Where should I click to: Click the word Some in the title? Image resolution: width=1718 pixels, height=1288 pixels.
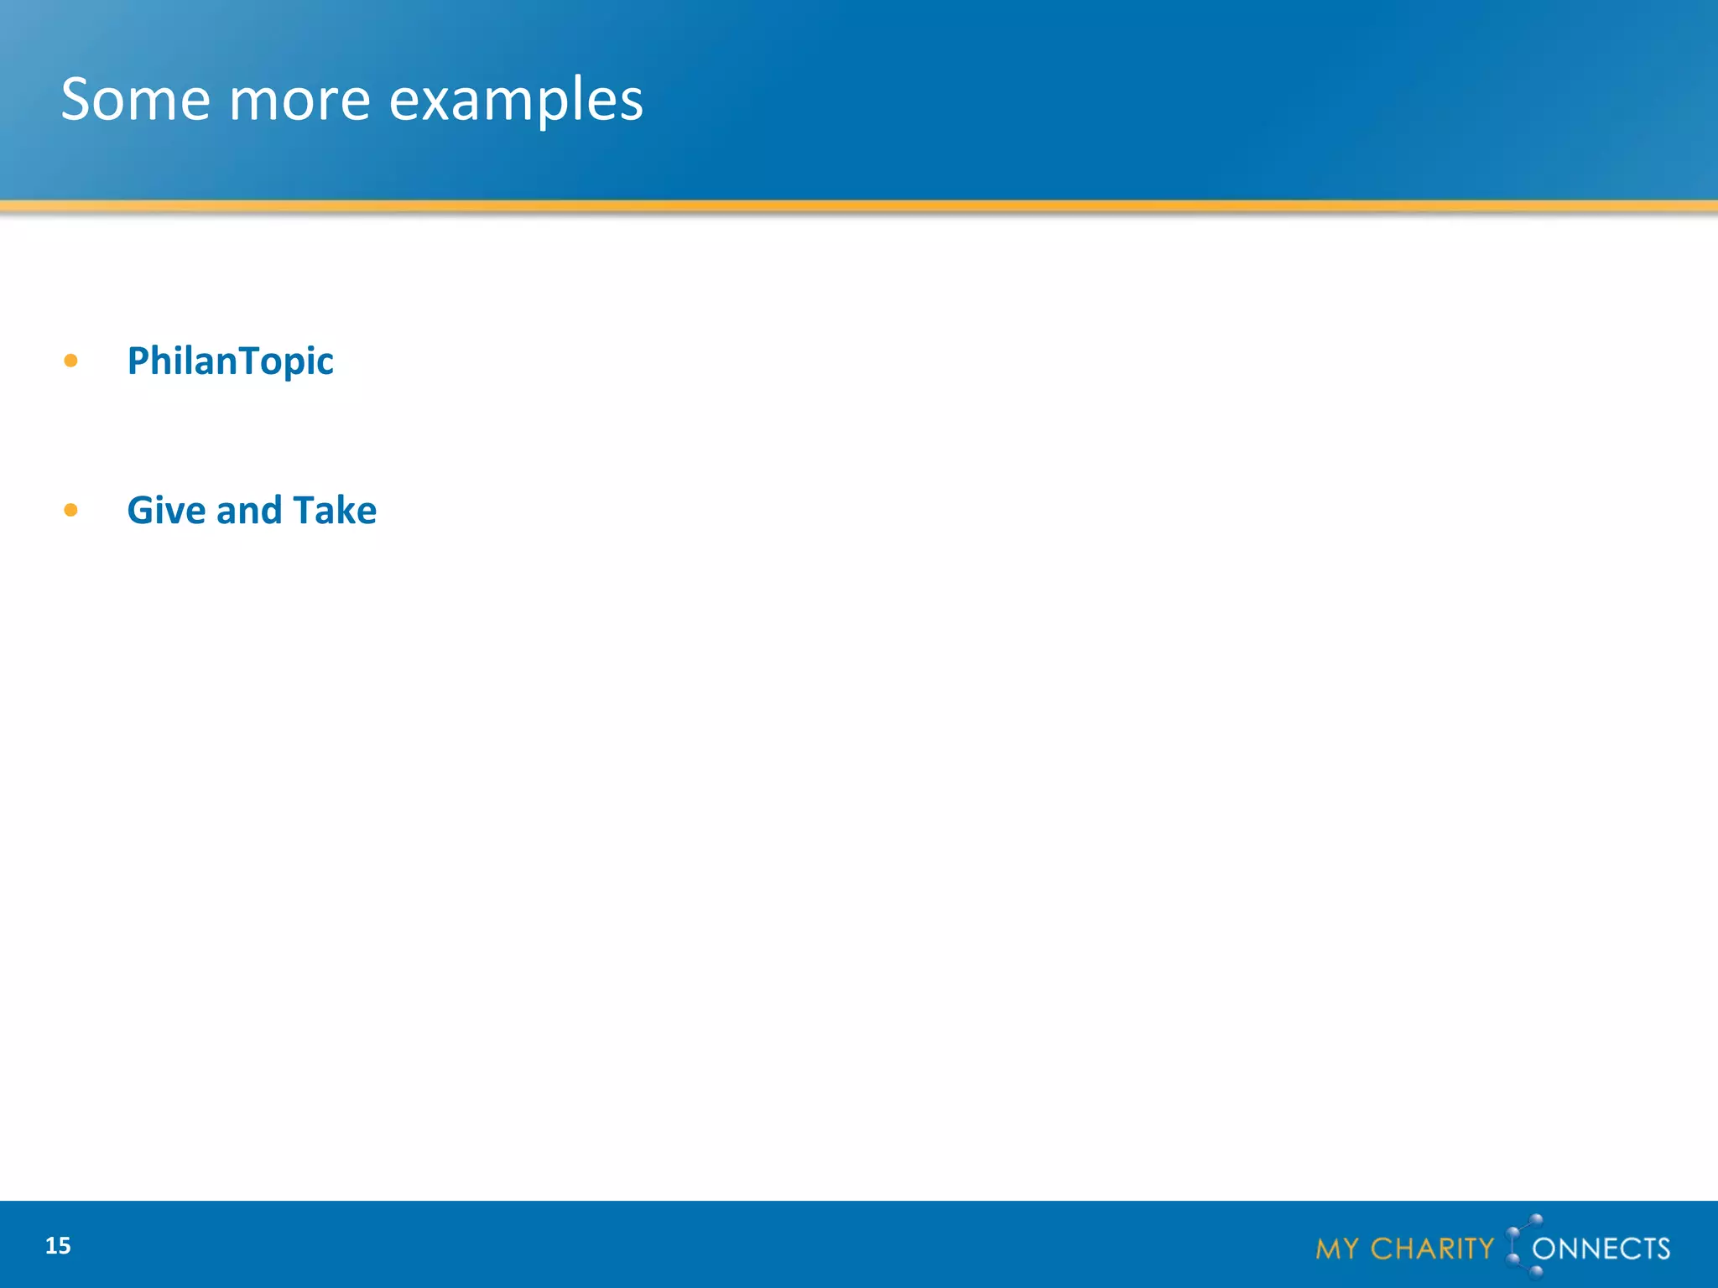coord(135,100)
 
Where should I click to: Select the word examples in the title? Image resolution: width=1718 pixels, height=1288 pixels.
coord(516,100)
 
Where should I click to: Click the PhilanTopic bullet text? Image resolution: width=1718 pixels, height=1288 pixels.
coord(230,361)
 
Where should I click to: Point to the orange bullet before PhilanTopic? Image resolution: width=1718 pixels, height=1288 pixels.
coord(70,361)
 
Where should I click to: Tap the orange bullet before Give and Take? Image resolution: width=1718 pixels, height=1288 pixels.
coord(70,510)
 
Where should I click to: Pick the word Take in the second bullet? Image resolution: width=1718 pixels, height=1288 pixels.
coord(335,511)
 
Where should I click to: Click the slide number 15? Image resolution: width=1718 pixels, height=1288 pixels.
coord(58,1246)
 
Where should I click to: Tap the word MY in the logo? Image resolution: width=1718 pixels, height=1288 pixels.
coord(1336,1249)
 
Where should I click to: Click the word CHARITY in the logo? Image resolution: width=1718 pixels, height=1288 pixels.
coord(1432,1249)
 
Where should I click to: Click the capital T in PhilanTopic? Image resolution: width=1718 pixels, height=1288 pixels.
coord(248,361)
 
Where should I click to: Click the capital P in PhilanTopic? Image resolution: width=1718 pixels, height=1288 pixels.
coord(138,361)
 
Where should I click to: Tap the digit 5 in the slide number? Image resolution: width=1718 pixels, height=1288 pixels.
coord(64,1246)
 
